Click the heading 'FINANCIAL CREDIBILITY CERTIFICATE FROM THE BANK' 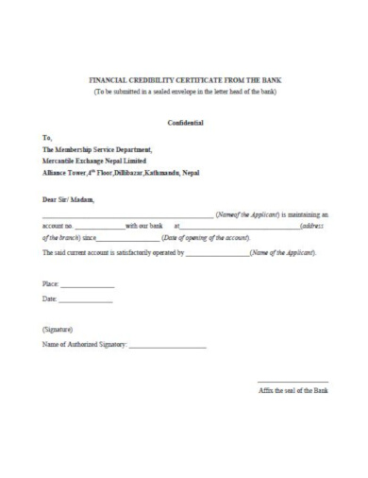[x=185, y=82]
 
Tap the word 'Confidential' [x=185, y=124]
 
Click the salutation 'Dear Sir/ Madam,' [x=69, y=199]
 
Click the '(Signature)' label [x=58, y=330]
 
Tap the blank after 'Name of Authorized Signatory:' [x=166, y=346]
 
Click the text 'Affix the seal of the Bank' [x=293, y=389]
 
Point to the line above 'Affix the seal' [x=293, y=380]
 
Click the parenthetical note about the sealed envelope [x=185, y=93]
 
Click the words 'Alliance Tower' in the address [x=64, y=173]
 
